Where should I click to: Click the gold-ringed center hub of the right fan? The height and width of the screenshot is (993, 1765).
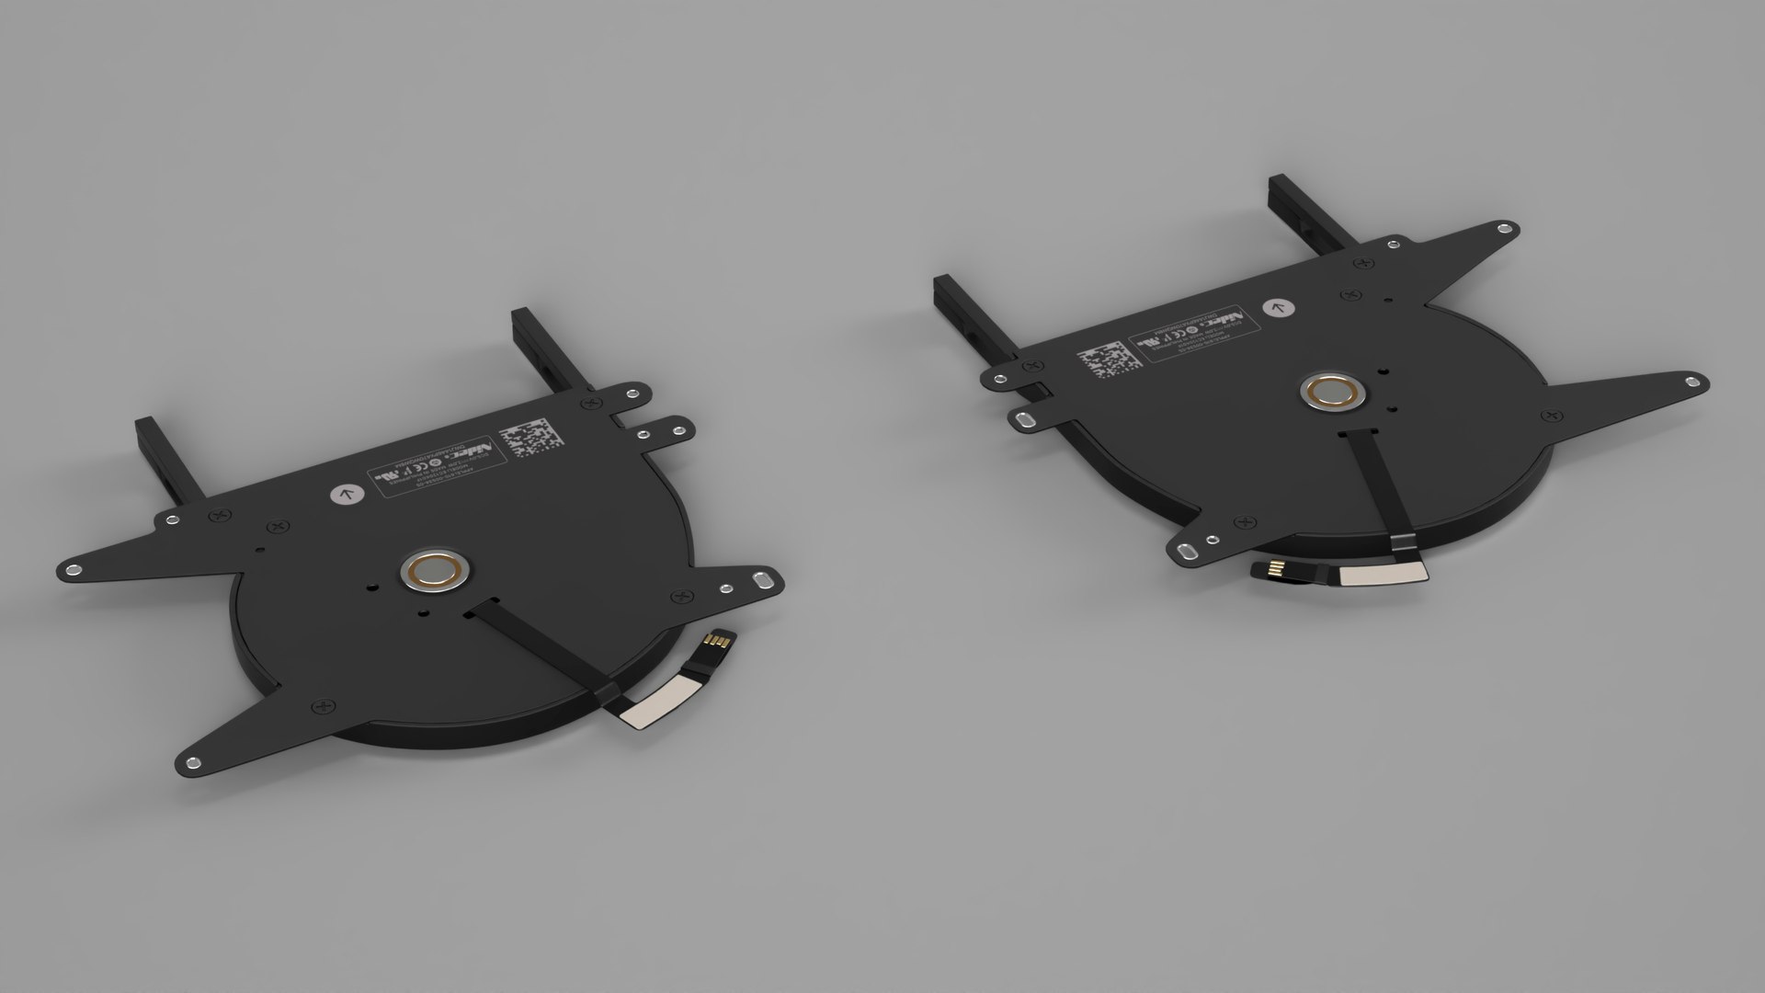tap(1331, 393)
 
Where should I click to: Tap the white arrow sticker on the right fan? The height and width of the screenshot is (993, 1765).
tap(1277, 308)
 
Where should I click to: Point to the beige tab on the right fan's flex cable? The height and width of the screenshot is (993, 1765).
tap(1381, 576)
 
